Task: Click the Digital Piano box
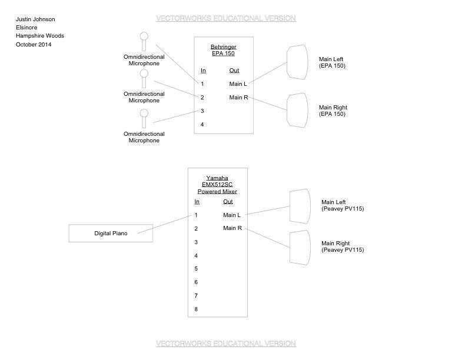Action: click(111, 234)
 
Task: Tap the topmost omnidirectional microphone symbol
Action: click(144, 41)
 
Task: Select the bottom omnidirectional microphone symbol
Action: click(144, 117)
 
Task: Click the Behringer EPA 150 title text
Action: click(223, 50)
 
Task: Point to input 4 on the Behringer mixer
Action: click(202, 125)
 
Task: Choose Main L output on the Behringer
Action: click(238, 84)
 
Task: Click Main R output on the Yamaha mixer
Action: click(232, 228)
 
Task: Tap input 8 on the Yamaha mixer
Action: click(196, 309)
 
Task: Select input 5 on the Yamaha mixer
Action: click(196, 269)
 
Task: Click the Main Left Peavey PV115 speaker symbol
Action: click(300, 206)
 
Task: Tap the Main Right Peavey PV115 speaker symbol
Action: click(300, 247)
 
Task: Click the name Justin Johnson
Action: click(35, 19)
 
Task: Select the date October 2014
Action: click(34, 45)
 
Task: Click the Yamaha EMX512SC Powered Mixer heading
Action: click(217, 185)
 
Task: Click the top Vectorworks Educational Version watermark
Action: click(226, 19)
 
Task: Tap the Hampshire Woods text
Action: click(40, 36)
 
